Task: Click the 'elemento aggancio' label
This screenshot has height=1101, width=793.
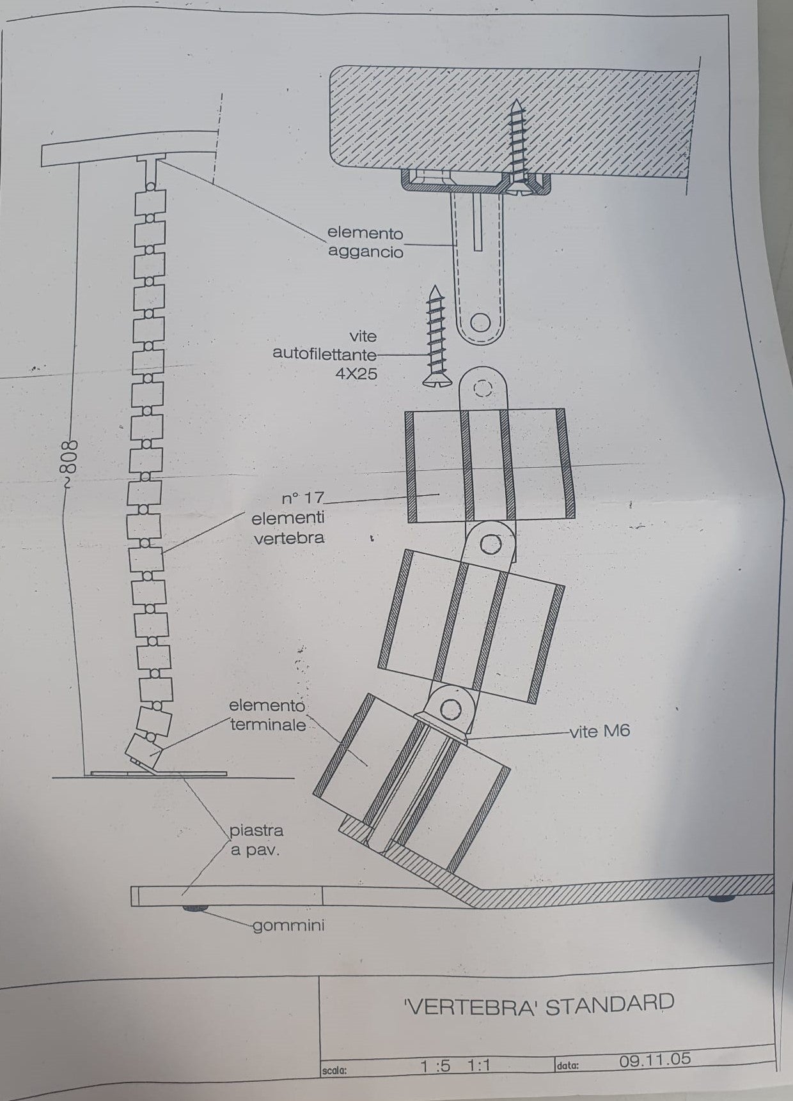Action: tap(365, 243)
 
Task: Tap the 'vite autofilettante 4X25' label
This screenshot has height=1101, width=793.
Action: tap(326, 355)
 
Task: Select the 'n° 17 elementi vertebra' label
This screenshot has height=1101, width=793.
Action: tap(289, 518)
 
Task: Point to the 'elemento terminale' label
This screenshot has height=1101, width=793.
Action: tap(268, 716)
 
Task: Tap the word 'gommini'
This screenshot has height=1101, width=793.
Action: tap(288, 925)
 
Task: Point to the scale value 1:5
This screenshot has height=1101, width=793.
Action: tap(436, 1066)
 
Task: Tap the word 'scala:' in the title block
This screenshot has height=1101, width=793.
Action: tap(334, 1070)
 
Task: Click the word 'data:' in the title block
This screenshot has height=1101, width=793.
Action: tap(567, 1065)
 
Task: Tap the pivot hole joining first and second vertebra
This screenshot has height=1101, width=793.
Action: tap(491, 544)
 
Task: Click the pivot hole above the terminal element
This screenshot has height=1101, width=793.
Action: tap(451, 709)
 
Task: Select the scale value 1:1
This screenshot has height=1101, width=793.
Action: tap(478, 1066)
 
